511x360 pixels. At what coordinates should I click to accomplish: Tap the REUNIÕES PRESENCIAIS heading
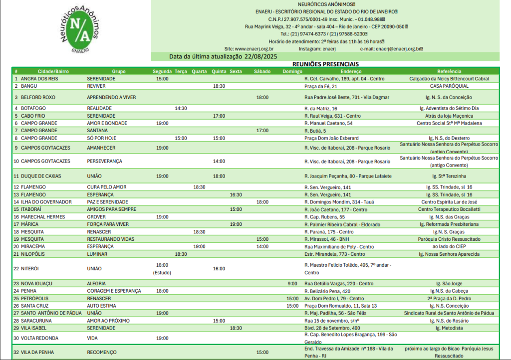pyautogui.click(x=325, y=64)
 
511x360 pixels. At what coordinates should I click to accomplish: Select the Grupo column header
pyautogui.click(x=118, y=71)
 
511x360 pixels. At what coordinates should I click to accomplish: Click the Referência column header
pyautogui.click(x=449, y=71)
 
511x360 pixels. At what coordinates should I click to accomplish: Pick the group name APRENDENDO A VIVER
pyautogui.click(x=111, y=97)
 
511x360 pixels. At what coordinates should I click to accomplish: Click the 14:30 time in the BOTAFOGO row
pyautogui.click(x=181, y=108)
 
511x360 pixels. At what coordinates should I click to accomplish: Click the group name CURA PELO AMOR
pyautogui.click(x=107, y=187)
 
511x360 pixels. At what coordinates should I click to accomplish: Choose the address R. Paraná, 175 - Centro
pyautogui.click(x=329, y=232)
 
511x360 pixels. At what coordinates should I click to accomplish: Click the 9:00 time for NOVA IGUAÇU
pyautogui.click(x=292, y=283)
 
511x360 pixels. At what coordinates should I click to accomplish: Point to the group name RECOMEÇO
pyautogui.click(x=102, y=352)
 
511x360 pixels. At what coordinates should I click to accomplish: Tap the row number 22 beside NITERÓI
pyautogui.click(x=16, y=268)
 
